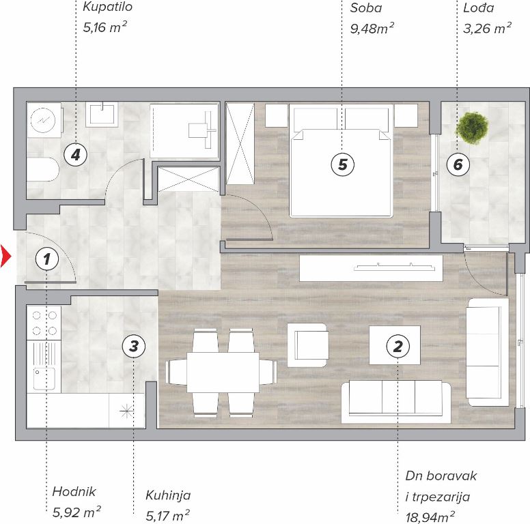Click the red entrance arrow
pos(5,257)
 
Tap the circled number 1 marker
pos(46,259)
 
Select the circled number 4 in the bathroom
pos(76,155)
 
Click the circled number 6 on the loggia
pos(458,164)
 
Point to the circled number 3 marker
pos(134,346)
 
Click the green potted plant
pos(473,128)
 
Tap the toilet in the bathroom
pos(42,169)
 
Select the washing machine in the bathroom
pos(44,120)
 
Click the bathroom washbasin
pos(102,115)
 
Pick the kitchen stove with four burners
pos(44,323)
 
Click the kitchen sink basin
pos(44,379)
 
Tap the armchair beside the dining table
pos(307,345)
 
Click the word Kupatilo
pos(107,7)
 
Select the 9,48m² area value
pos(372,29)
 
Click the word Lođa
pos(478,8)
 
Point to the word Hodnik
pos(74,491)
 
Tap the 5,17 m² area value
pos(167,516)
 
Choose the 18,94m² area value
pos(430,517)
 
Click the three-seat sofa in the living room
pos(396,402)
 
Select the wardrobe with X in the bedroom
pos(240,144)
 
